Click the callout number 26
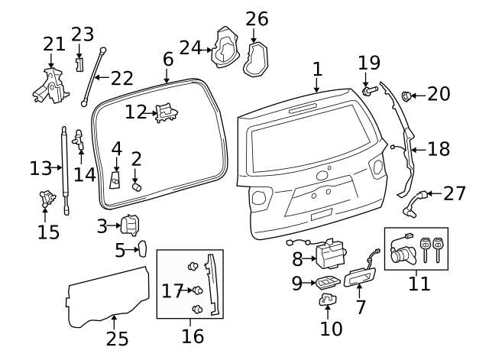(x=257, y=19)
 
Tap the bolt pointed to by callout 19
(x=370, y=91)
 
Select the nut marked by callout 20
(x=406, y=96)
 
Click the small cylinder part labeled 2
(x=137, y=186)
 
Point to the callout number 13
(x=40, y=168)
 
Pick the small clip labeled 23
(x=79, y=64)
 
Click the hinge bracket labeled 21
(x=51, y=86)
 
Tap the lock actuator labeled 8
(x=330, y=254)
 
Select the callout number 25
(x=117, y=339)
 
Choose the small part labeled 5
(x=143, y=248)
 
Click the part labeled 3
(x=130, y=225)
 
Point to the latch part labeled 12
(x=167, y=113)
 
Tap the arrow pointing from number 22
(x=102, y=77)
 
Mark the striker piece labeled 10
(x=328, y=300)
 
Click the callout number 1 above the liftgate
(x=317, y=69)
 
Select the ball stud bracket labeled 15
(x=47, y=199)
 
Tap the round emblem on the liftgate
(x=321, y=176)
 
